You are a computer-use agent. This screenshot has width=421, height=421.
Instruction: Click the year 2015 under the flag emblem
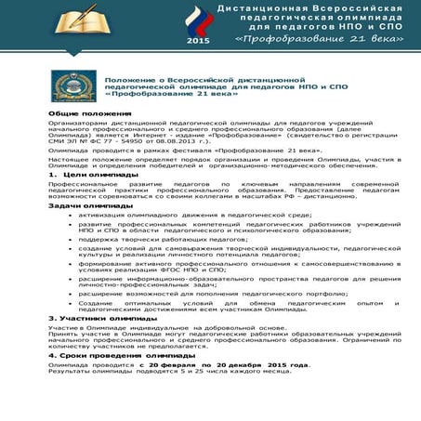click(198, 41)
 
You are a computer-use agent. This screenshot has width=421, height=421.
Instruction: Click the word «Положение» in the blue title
click(129, 80)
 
